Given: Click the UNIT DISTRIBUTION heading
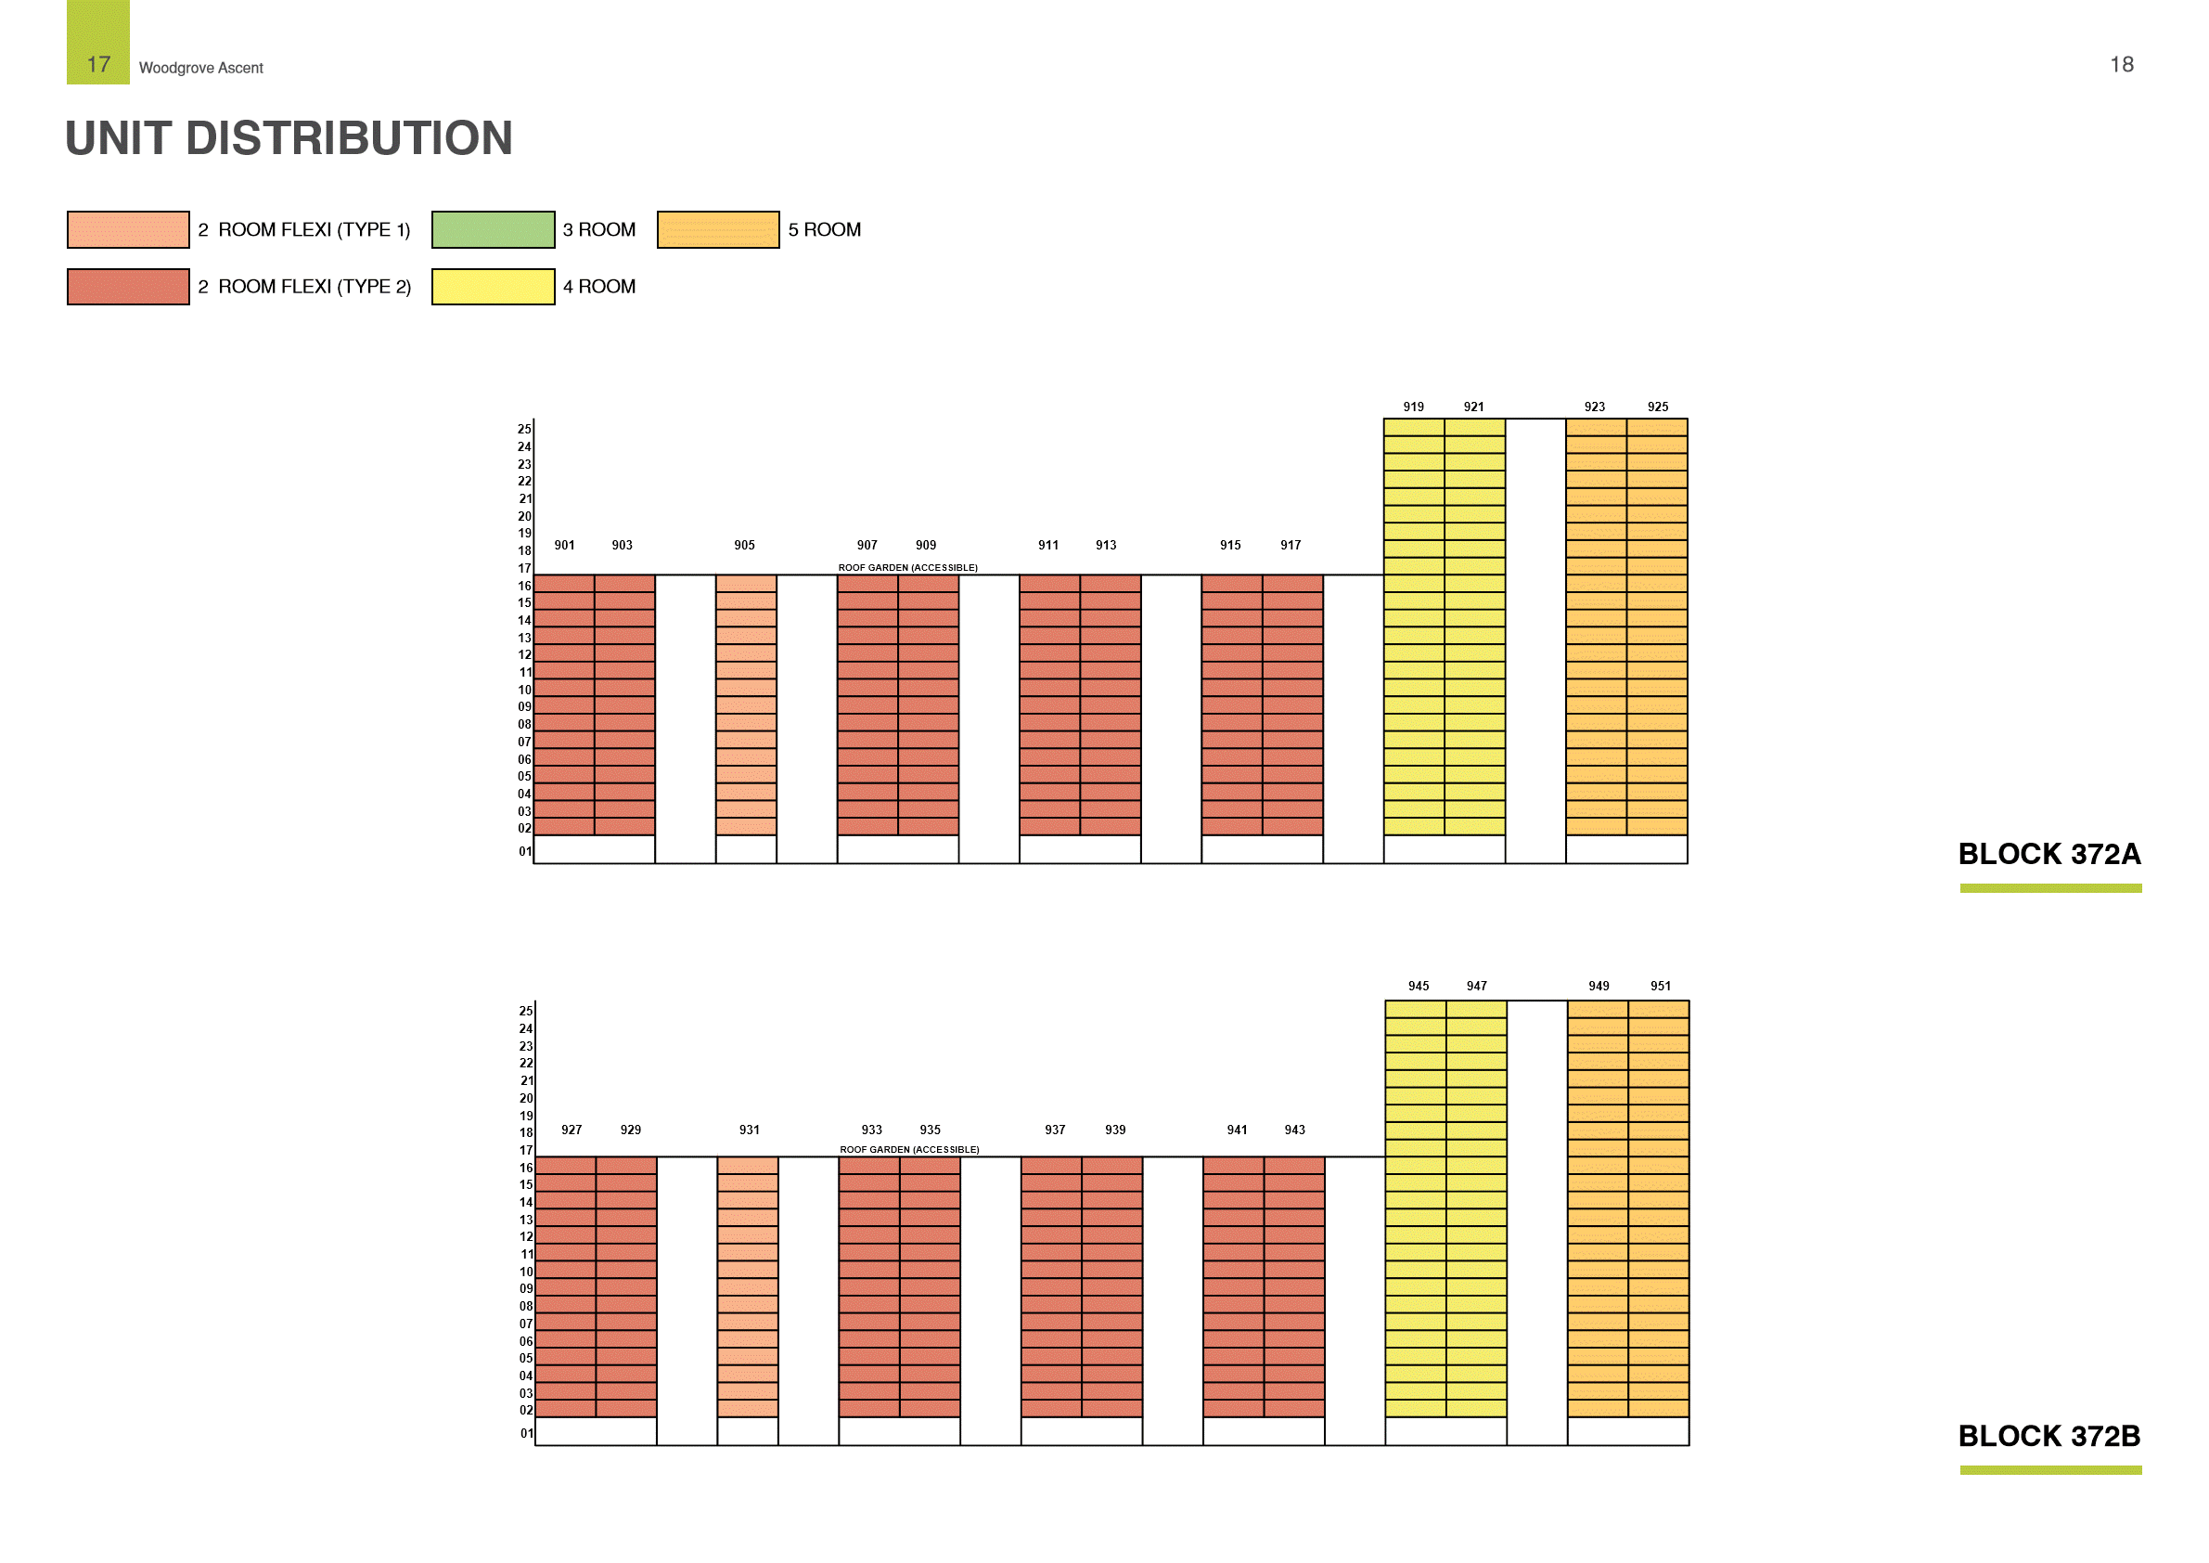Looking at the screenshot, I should tap(289, 138).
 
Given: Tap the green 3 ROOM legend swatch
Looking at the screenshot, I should tap(493, 229).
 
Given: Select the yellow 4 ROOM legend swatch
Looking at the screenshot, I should tap(493, 287).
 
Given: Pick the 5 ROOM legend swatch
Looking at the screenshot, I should tap(718, 229).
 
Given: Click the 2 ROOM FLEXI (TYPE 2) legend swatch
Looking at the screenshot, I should tap(128, 287).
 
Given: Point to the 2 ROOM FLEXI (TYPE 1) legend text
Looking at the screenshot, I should tap(304, 229).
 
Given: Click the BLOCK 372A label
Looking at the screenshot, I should tap(2049, 854).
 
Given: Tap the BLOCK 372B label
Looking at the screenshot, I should tap(2049, 1436).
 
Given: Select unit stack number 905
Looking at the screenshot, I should tap(744, 545).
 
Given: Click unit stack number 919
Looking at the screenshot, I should tap(1412, 407).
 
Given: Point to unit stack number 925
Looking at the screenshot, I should tap(1657, 407).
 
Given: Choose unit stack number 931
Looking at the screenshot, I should tap(749, 1130).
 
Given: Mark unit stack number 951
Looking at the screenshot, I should tap(1660, 987).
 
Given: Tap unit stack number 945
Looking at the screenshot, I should tap(1419, 987).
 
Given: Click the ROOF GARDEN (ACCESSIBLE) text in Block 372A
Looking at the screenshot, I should tap(907, 568).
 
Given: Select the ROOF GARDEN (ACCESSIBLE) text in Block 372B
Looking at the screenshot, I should tap(909, 1150).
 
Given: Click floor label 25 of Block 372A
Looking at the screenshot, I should tap(524, 429).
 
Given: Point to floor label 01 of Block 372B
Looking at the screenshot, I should tap(526, 1434).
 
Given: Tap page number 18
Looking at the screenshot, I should tap(2122, 64).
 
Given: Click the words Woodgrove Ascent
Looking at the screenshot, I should tap(201, 69).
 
